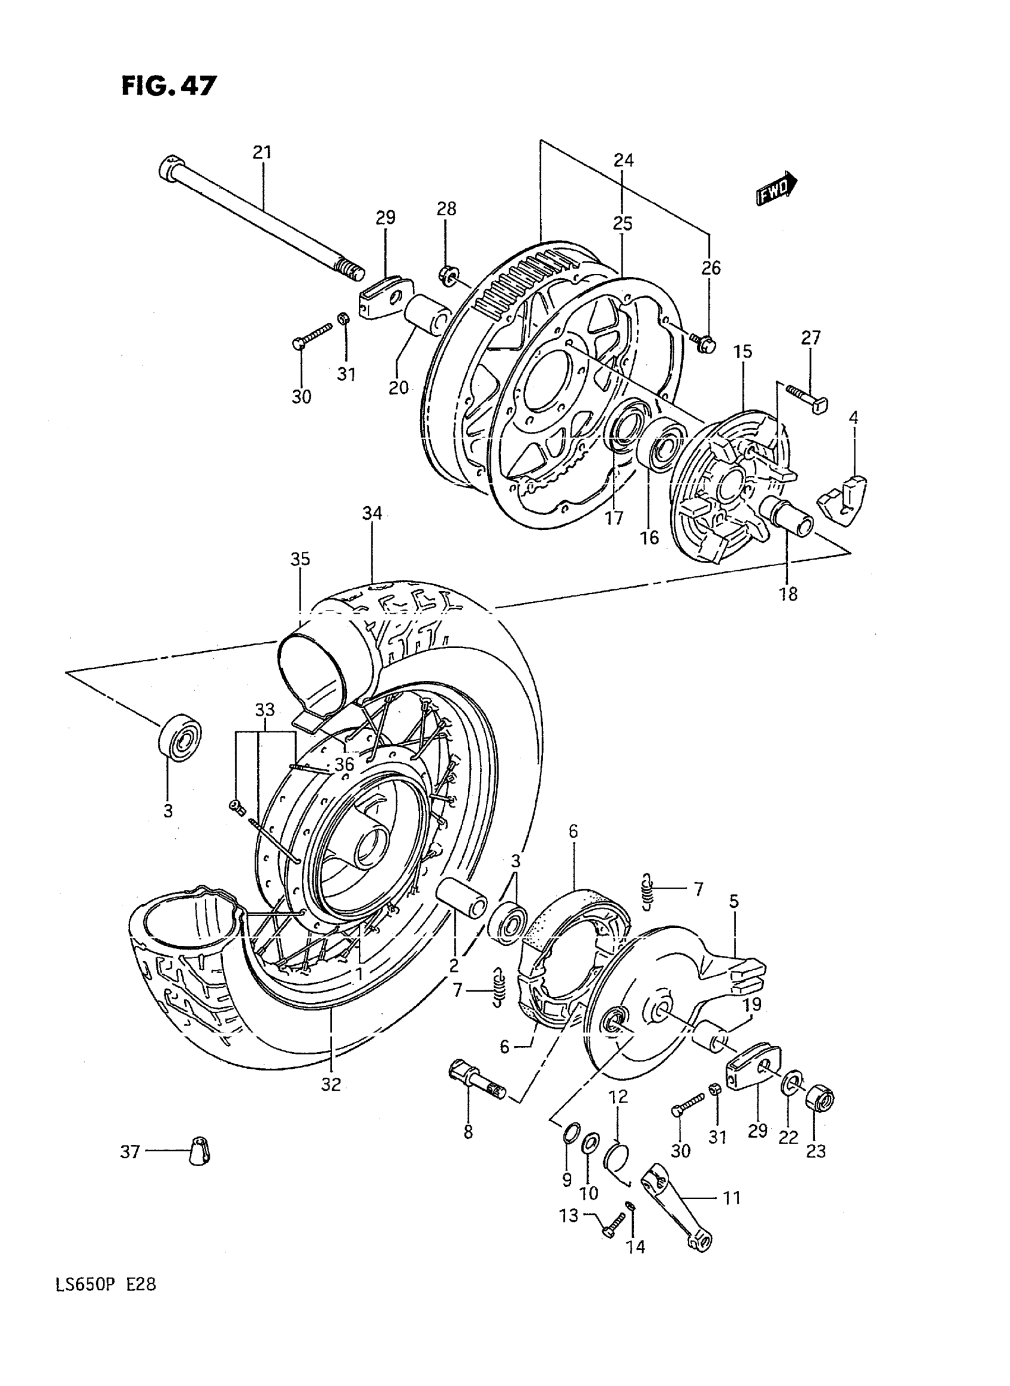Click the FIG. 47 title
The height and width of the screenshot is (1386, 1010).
click(169, 86)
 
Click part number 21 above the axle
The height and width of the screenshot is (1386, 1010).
click(261, 153)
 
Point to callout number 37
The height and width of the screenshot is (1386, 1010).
click(131, 1152)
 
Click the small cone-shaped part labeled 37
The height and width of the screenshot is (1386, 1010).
click(199, 1152)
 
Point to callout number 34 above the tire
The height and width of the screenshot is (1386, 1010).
click(372, 513)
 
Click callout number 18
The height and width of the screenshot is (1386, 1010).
click(788, 593)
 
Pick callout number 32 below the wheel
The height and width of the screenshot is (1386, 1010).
click(331, 1085)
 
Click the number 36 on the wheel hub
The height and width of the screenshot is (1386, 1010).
click(344, 764)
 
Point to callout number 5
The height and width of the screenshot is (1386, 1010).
click(734, 901)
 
